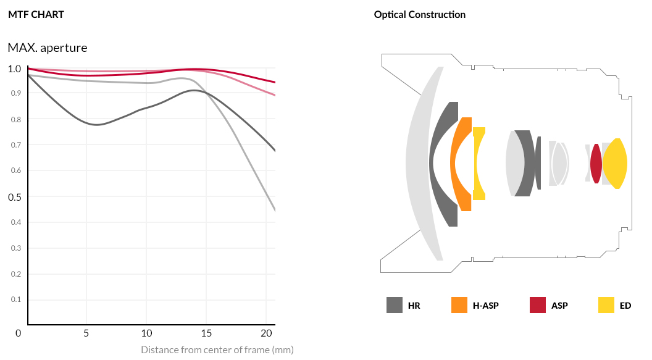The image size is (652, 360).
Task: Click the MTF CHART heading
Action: (x=36, y=14)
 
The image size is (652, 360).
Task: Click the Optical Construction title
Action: (x=419, y=14)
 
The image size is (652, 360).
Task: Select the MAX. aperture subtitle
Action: (x=48, y=48)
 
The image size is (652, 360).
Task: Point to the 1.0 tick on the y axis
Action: (x=14, y=69)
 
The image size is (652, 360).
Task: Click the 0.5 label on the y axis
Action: (x=14, y=197)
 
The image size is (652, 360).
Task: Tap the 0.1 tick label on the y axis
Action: (x=15, y=299)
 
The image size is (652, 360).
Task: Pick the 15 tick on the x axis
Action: (x=207, y=333)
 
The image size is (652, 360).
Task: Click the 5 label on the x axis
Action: (x=86, y=333)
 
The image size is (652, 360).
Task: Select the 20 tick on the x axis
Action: (x=266, y=333)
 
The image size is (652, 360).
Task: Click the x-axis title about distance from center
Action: (x=217, y=350)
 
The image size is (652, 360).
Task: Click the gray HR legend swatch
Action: (x=395, y=305)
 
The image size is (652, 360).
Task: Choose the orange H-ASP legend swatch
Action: (x=459, y=305)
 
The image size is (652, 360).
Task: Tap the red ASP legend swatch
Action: (x=538, y=305)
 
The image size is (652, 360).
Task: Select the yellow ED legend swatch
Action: (x=606, y=305)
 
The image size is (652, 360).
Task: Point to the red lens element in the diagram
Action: (x=596, y=164)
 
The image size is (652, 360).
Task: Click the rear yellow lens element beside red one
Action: (x=616, y=164)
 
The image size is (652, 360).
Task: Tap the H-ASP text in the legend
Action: (x=485, y=306)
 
